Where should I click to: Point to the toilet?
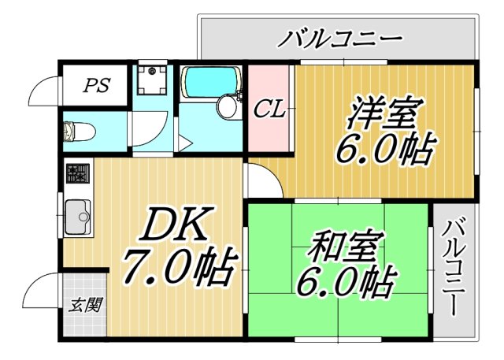pos(79,129)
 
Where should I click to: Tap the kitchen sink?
pos(78,215)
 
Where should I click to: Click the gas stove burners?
pos(77,174)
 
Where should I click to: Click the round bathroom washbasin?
pos(229,108)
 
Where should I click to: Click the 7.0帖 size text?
pos(177,269)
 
